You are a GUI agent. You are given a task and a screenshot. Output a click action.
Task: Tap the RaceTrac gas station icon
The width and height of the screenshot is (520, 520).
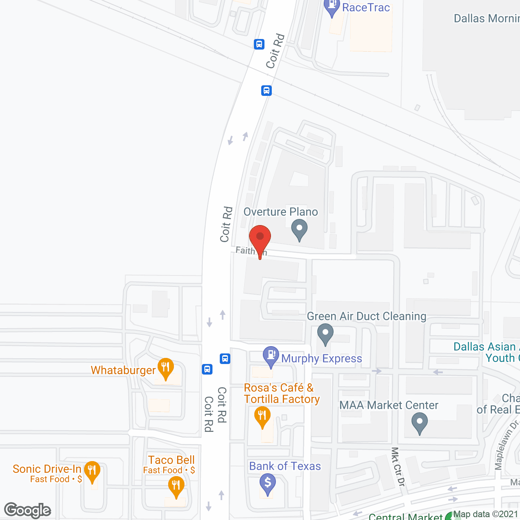click(332, 7)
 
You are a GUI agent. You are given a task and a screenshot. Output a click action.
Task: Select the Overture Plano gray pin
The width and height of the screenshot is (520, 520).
click(299, 229)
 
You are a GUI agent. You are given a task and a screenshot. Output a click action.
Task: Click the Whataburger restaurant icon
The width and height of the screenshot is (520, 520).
click(165, 368)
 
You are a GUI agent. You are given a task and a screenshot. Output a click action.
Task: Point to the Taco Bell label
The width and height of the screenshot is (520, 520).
click(171, 460)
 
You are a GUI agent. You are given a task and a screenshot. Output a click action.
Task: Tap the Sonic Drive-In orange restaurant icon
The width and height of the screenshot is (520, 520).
click(92, 471)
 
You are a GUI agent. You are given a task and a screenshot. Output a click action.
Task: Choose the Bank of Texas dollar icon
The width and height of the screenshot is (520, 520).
click(267, 483)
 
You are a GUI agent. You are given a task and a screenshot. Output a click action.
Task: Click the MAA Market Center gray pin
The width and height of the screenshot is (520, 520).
click(420, 422)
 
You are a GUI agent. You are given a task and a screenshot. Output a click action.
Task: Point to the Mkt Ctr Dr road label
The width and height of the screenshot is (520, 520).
click(398, 466)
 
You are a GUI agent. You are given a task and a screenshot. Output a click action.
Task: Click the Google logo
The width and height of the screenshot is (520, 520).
click(28, 510)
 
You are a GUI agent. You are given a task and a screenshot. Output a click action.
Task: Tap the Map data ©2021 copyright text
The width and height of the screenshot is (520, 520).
click(485, 514)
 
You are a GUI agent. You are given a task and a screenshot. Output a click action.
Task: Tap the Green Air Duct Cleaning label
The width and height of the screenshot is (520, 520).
click(366, 316)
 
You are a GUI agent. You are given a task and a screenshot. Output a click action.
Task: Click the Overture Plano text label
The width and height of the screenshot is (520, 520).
click(280, 212)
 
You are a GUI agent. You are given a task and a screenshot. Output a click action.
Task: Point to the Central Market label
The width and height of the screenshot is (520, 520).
click(405, 516)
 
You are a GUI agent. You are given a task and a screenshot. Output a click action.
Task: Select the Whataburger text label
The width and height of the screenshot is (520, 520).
click(123, 370)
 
